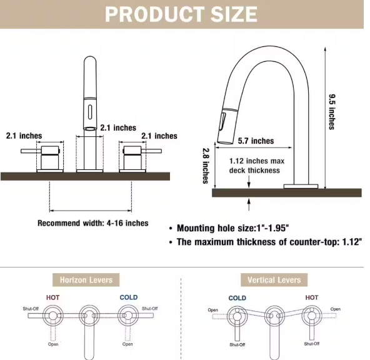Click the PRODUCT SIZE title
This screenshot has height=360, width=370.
[181, 14]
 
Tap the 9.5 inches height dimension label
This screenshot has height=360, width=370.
[332, 112]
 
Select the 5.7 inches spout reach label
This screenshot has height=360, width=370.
[256, 141]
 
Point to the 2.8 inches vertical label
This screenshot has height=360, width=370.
[206, 166]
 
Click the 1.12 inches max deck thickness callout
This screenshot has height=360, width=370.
[257, 166]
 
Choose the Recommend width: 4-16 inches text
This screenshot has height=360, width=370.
[93, 223]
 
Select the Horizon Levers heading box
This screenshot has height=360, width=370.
[86, 280]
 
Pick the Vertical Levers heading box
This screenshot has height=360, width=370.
[274, 280]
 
